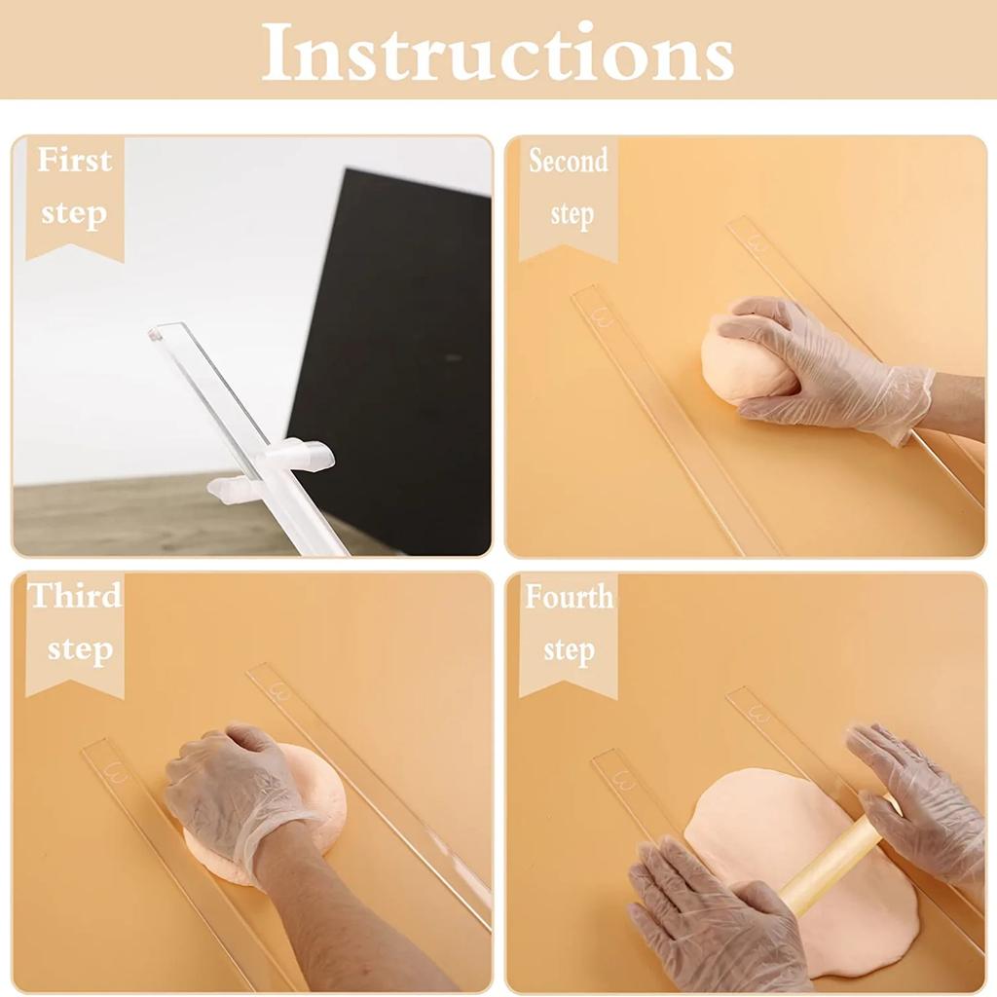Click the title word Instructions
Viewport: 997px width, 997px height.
tap(498, 51)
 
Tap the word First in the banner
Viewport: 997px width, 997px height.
tap(74, 161)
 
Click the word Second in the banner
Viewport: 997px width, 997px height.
tap(569, 161)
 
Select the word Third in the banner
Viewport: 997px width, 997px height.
tap(75, 596)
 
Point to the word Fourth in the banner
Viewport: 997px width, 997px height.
tap(570, 596)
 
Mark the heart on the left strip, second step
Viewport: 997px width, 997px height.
tap(603, 316)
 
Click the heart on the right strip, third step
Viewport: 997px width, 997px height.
tap(280, 692)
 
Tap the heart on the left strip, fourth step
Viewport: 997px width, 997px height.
tap(623, 780)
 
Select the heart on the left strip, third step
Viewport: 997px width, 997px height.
tap(117, 774)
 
